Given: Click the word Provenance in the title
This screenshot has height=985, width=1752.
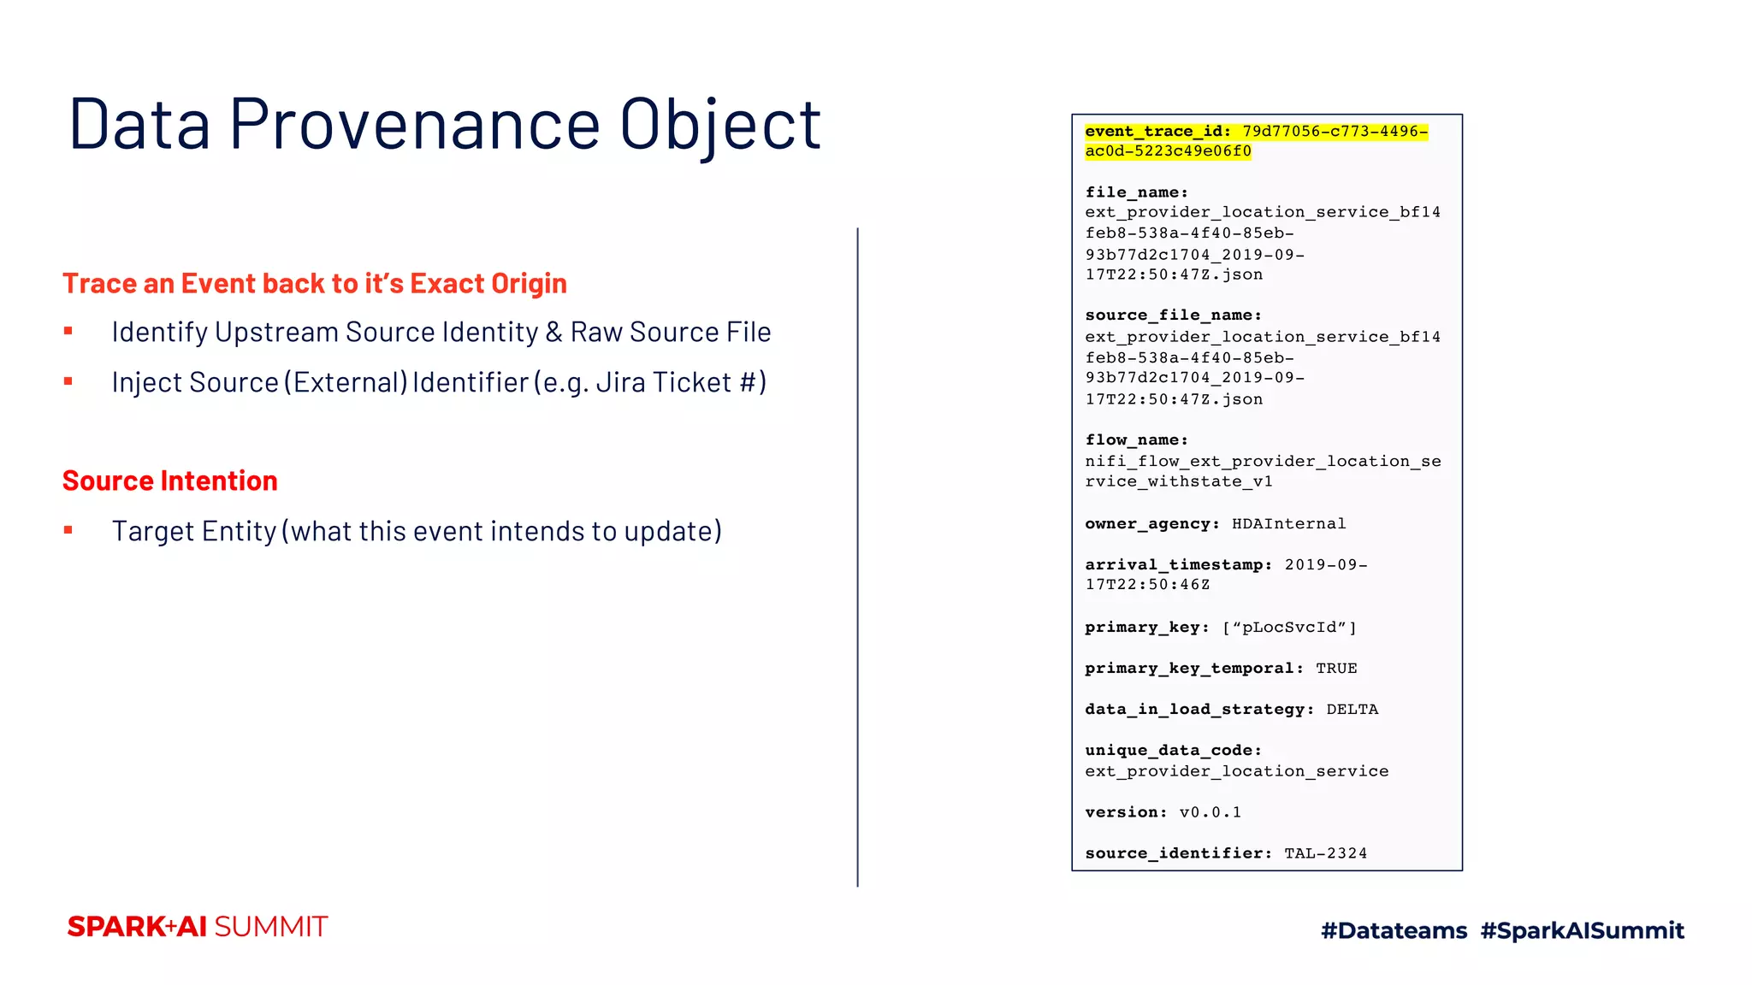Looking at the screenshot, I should [x=415, y=125].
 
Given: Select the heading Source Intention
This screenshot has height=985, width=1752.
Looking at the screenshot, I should [x=170, y=481].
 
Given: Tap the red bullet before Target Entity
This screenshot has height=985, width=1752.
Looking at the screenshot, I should [x=68, y=530].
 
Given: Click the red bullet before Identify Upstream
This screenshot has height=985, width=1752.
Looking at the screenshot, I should [x=68, y=331].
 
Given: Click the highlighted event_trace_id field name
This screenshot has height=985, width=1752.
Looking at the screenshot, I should [x=1157, y=132].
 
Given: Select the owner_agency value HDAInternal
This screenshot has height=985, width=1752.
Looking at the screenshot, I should [x=1288, y=523].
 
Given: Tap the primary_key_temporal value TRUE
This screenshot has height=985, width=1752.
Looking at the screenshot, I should [x=1336, y=668].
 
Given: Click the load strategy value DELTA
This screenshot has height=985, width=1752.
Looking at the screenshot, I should [x=1352, y=709].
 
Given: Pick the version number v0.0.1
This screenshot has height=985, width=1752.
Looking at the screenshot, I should [x=1210, y=812].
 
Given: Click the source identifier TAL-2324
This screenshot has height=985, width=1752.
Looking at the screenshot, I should [x=1325, y=853].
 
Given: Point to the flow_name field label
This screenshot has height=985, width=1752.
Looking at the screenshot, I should [x=1136, y=439].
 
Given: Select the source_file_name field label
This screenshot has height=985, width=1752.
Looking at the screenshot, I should [x=1173, y=316].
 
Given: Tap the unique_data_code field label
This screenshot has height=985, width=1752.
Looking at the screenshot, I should [x=1173, y=750].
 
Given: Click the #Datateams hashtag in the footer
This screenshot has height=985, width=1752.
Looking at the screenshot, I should [x=1394, y=930].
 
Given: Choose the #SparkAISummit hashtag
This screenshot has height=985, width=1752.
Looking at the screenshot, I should [x=1582, y=930].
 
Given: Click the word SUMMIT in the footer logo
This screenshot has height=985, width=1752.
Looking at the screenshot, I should [x=271, y=927].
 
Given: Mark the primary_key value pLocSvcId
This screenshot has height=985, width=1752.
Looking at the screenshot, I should [x=1289, y=627].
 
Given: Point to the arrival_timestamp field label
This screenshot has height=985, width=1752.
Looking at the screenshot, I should [x=1178, y=564].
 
